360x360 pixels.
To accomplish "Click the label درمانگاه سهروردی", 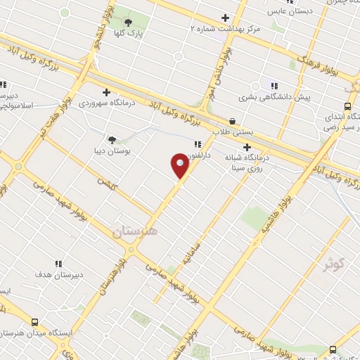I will (105, 103).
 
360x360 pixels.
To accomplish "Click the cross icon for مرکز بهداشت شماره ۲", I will (225, 18).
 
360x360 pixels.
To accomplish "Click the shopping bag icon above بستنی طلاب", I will (233, 121).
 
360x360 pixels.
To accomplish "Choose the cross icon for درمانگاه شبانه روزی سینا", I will (247, 148).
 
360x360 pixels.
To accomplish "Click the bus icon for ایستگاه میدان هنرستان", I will (6, 333).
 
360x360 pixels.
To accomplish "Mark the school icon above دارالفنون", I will (197, 144).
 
